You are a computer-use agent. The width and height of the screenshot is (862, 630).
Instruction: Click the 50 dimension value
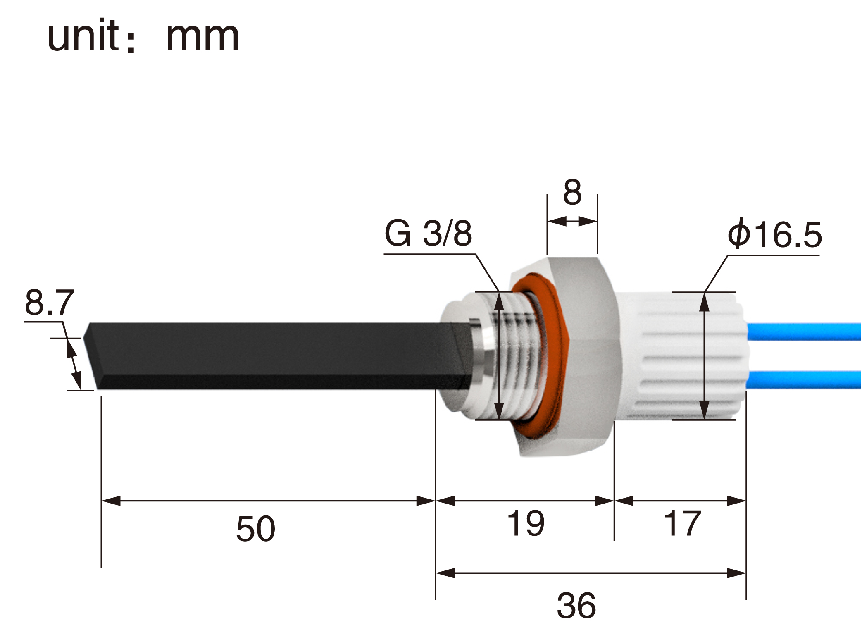point(255,528)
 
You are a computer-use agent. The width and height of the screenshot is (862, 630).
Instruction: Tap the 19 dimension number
point(526,523)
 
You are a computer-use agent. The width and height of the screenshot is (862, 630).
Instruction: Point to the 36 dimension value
point(576,605)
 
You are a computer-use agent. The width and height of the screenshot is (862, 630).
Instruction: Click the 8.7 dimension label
point(50,302)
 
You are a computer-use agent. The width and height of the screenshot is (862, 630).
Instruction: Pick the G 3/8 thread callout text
point(428,233)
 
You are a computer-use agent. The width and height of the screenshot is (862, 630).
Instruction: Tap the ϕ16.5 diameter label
point(775,234)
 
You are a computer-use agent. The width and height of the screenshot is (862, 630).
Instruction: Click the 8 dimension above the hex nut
point(572,192)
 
